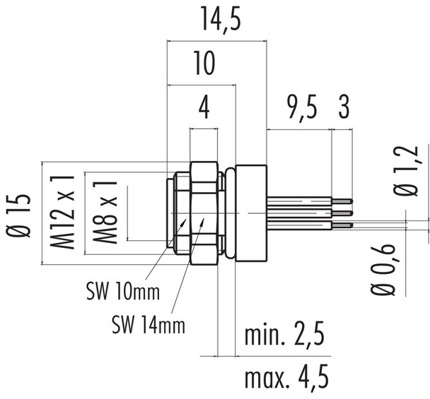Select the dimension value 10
click(x=204, y=65)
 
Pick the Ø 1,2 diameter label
click(x=403, y=171)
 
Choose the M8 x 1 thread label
click(x=105, y=210)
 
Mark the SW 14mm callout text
click(x=149, y=325)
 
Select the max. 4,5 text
click(x=286, y=379)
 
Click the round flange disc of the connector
click(x=251, y=213)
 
